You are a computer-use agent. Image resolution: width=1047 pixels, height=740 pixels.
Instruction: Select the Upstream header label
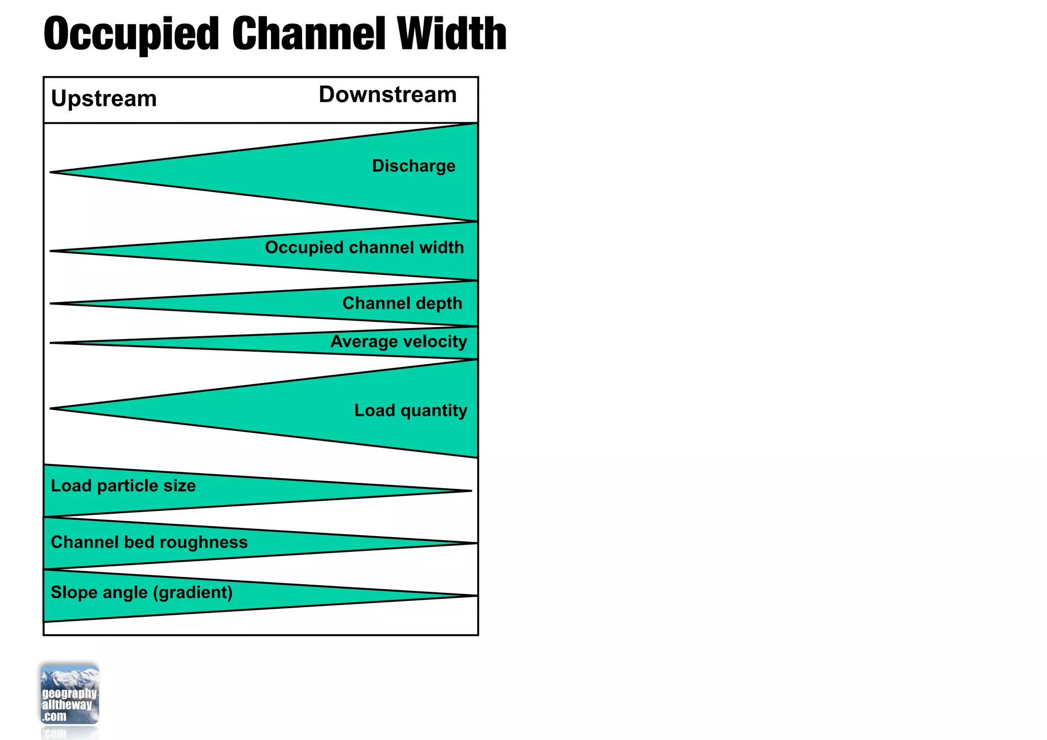[x=104, y=98]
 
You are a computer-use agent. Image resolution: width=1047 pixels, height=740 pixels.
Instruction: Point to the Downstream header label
[x=388, y=95]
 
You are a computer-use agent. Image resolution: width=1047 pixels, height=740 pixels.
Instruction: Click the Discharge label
[x=414, y=166]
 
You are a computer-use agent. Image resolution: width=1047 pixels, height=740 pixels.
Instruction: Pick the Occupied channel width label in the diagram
[x=364, y=247]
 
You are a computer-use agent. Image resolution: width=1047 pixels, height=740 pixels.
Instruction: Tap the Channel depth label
[x=402, y=303]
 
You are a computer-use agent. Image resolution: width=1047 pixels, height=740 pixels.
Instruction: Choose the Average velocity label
[x=399, y=341]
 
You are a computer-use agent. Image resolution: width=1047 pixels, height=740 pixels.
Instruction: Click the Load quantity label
[x=411, y=410]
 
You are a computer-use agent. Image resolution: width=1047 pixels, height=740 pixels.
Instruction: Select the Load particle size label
[x=123, y=485]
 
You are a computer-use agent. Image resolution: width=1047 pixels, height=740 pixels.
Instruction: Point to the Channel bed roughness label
[x=149, y=542]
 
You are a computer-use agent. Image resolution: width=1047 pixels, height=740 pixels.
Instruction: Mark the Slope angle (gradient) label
[x=142, y=592]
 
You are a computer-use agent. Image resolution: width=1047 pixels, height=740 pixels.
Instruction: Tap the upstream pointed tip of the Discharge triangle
[x=51, y=172]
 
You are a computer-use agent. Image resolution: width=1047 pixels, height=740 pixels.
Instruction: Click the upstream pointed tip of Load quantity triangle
[x=51, y=408]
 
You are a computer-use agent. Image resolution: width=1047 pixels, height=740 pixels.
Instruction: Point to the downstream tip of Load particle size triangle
[x=470, y=491]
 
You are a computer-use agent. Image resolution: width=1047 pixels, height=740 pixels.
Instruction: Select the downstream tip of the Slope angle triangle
[x=476, y=596]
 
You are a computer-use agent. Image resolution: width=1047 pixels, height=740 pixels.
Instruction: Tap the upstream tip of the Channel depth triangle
[x=51, y=304]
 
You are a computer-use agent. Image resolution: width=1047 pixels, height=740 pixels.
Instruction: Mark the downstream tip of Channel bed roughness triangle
[x=476, y=543]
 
